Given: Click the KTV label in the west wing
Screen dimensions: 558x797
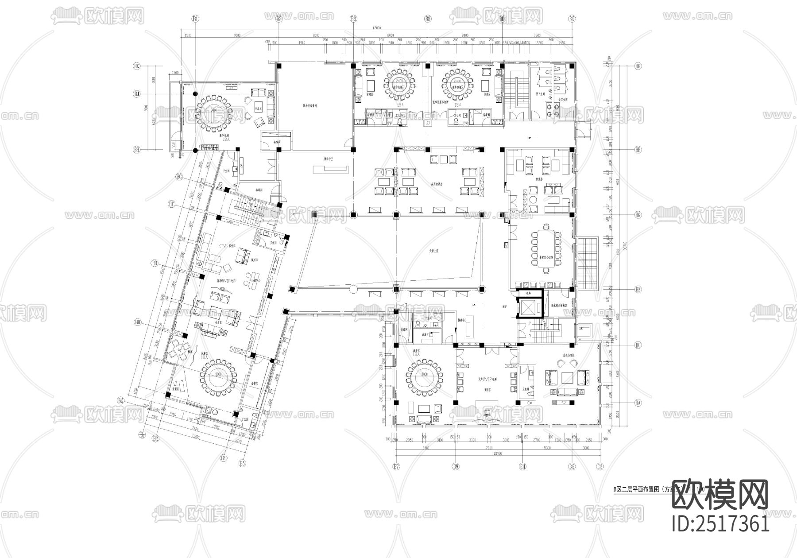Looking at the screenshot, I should click(x=223, y=246).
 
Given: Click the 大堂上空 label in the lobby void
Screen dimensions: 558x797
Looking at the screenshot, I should click(x=433, y=251).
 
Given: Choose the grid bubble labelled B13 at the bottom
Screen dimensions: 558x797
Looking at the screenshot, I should click(x=600, y=466).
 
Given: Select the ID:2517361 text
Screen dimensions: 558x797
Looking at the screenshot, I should click(x=721, y=524).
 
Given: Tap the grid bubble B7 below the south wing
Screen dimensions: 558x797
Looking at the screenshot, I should click(x=396, y=466).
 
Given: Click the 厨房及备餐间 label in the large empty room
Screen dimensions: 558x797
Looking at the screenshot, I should click(x=310, y=106).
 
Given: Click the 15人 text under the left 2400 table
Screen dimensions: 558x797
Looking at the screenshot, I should click(x=401, y=105).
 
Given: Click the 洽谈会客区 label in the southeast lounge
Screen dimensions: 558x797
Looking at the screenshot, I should click(x=569, y=355).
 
